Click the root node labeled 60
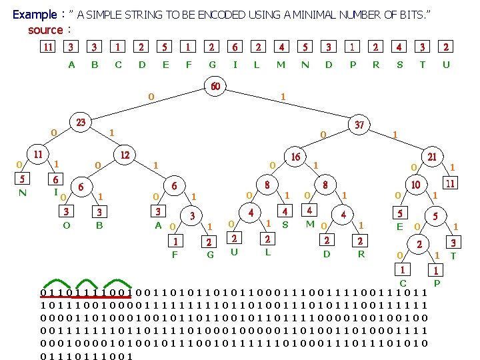(x=215, y=87)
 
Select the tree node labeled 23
(x=81, y=123)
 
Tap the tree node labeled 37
(x=359, y=125)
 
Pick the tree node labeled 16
(x=295, y=157)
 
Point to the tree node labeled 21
(x=432, y=157)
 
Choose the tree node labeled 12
(x=124, y=154)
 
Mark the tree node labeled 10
(x=415, y=185)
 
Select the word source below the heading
(x=45, y=30)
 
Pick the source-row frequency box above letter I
(x=235, y=47)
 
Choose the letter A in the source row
(x=72, y=65)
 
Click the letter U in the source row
(x=446, y=65)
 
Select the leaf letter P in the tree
(x=437, y=283)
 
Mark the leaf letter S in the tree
(x=285, y=225)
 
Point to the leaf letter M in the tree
(x=309, y=224)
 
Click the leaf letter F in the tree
(x=175, y=254)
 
